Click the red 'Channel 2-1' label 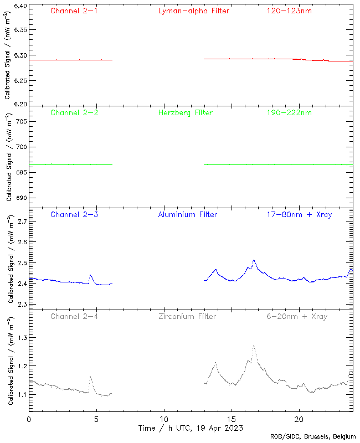point(74,11)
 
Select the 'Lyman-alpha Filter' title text point(193,11)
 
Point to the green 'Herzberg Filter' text point(186,113)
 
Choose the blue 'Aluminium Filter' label point(188,215)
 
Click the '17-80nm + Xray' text point(299,215)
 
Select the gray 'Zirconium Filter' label point(187,317)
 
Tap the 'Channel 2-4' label point(74,317)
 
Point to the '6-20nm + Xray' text point(297,317)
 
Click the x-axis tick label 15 point(232,419)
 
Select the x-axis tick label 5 point(96,419)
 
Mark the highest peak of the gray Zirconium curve point(254,346)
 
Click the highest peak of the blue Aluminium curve point(254,260)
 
